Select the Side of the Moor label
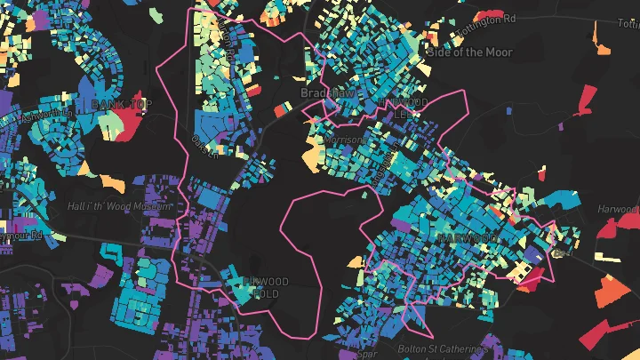pyautogui.click(x=470, y=52)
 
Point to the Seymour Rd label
pyautogui.click(x=21, y=236)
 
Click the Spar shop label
pyautogui.click(x=367, y=353)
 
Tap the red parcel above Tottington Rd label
pyautogui.click(x=489, y=15)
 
